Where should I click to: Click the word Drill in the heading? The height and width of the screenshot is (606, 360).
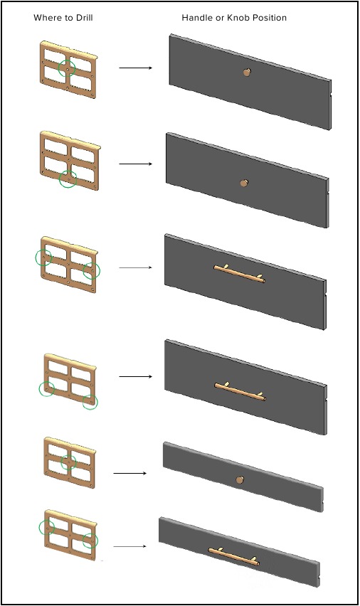click(84, 17)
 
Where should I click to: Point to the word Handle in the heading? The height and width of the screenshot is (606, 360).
click(196, 17)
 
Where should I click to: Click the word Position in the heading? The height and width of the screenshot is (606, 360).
click(270, 17)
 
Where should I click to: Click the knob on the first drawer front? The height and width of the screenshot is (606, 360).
click(246, 72)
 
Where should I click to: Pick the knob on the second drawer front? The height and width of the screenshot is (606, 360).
click(244, 183)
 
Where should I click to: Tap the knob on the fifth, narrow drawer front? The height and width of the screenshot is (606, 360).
click(240, 480)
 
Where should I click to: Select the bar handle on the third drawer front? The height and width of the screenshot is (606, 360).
click(239, 274)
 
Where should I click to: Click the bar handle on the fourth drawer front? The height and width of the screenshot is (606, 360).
click(240, 391)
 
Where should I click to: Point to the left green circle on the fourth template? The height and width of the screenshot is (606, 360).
click(39, 389)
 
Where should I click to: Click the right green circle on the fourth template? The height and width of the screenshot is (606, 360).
click(90, 395)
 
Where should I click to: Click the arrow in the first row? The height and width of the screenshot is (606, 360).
click(136, 68)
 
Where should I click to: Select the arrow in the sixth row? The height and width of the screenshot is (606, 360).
click(130, 546)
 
